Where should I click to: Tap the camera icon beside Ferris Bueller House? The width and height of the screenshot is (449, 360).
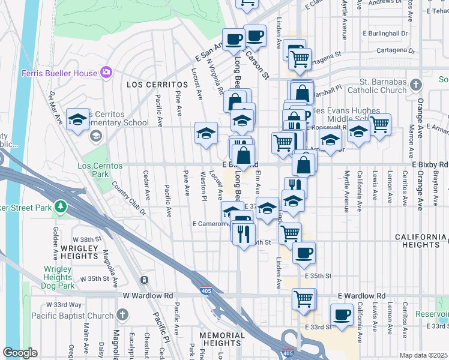106,73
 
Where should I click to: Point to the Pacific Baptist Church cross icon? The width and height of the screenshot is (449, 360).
122,315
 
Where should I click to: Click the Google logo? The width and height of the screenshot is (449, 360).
20,353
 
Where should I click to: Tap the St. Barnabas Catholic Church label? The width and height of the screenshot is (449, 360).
383,86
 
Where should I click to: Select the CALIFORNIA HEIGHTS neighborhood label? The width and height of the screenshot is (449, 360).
421,241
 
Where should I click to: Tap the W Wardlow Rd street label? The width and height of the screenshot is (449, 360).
148,296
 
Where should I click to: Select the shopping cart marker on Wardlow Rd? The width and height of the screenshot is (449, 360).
304,298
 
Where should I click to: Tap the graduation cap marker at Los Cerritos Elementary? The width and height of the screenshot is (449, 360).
77,119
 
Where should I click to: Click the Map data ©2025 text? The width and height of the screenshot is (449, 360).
423,355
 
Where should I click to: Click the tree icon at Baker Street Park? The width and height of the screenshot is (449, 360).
60,208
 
